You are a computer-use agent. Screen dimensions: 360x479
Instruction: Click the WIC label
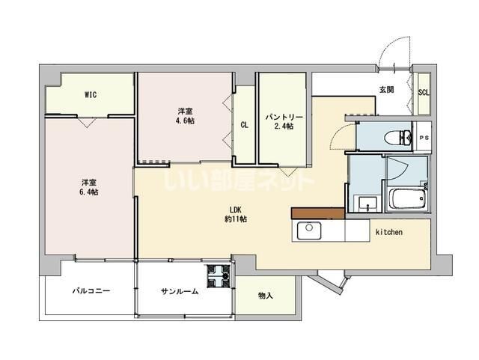tap(90, 95)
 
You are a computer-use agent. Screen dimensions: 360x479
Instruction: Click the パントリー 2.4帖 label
tap(284, 122)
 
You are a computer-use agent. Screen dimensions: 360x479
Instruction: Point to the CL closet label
tap(245, 126)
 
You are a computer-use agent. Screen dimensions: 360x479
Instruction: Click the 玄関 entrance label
tap(386, 91)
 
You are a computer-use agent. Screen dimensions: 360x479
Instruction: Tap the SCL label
tap(423, 93)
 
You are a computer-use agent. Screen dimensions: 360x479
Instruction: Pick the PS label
tap(424, 138)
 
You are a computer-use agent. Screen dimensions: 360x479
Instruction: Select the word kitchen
tap(388, 233)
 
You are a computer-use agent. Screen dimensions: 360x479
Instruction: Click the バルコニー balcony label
tap(91, 291)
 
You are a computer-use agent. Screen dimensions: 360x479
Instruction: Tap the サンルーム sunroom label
tap(180, 291)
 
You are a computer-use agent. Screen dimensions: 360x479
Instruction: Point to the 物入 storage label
tap(266, 296)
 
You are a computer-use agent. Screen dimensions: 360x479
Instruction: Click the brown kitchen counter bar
tap(318, 213)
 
